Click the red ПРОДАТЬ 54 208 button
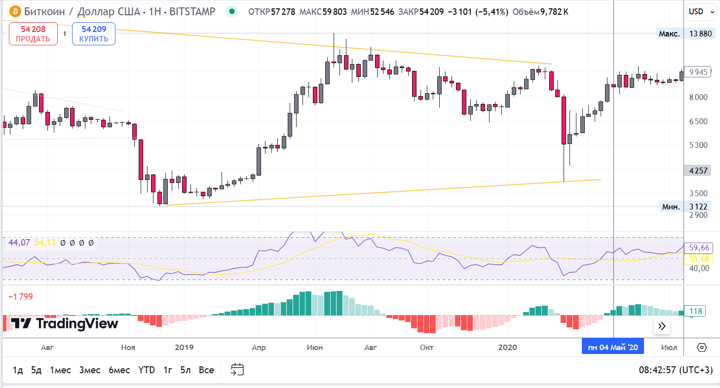[33, 34]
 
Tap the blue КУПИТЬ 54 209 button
[94, 34]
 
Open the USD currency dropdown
[701, 11]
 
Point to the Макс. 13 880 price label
[686, 34]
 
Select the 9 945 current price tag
[698, 72]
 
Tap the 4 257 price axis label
[698, 171]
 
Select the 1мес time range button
[60, 370]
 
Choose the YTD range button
[147, 370]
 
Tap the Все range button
[206, 370]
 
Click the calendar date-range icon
[237, 370]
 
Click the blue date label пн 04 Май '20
[612, 348]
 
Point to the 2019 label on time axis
[184, 348]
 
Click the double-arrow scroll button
[662, 326]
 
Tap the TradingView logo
[65, 323]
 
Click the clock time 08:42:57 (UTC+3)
[676, 370]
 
